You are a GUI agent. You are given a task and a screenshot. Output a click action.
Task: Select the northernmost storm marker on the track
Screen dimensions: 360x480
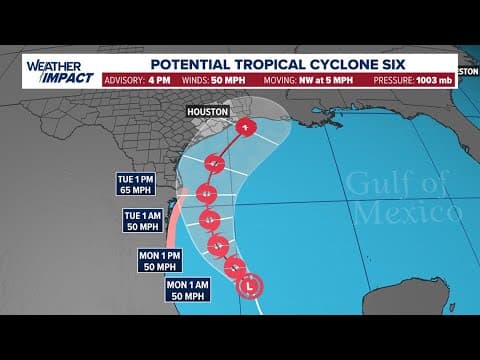tap(246, 126)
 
